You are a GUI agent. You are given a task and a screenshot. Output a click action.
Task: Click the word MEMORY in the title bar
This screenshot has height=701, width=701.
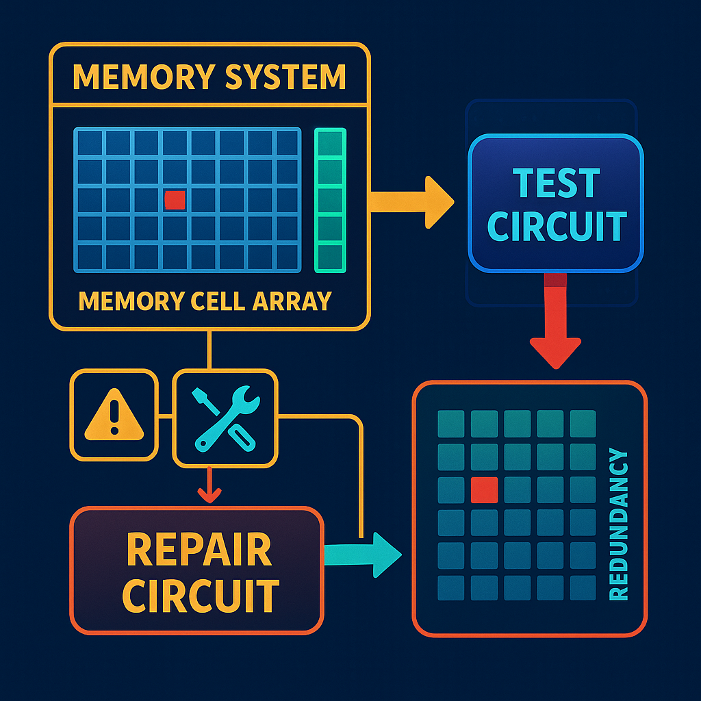130,77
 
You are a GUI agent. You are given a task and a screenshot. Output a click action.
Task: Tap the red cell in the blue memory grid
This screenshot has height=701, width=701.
175,200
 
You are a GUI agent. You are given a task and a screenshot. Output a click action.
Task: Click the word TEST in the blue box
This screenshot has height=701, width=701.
555,183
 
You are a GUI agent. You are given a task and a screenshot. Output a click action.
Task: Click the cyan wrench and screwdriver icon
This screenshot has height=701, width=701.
225,418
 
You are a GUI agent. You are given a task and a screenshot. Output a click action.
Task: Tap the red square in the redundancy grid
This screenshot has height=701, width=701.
484,489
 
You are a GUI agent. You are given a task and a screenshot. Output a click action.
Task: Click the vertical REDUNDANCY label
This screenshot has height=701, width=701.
617,524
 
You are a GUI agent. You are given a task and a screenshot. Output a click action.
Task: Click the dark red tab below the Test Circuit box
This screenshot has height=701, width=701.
555,279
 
